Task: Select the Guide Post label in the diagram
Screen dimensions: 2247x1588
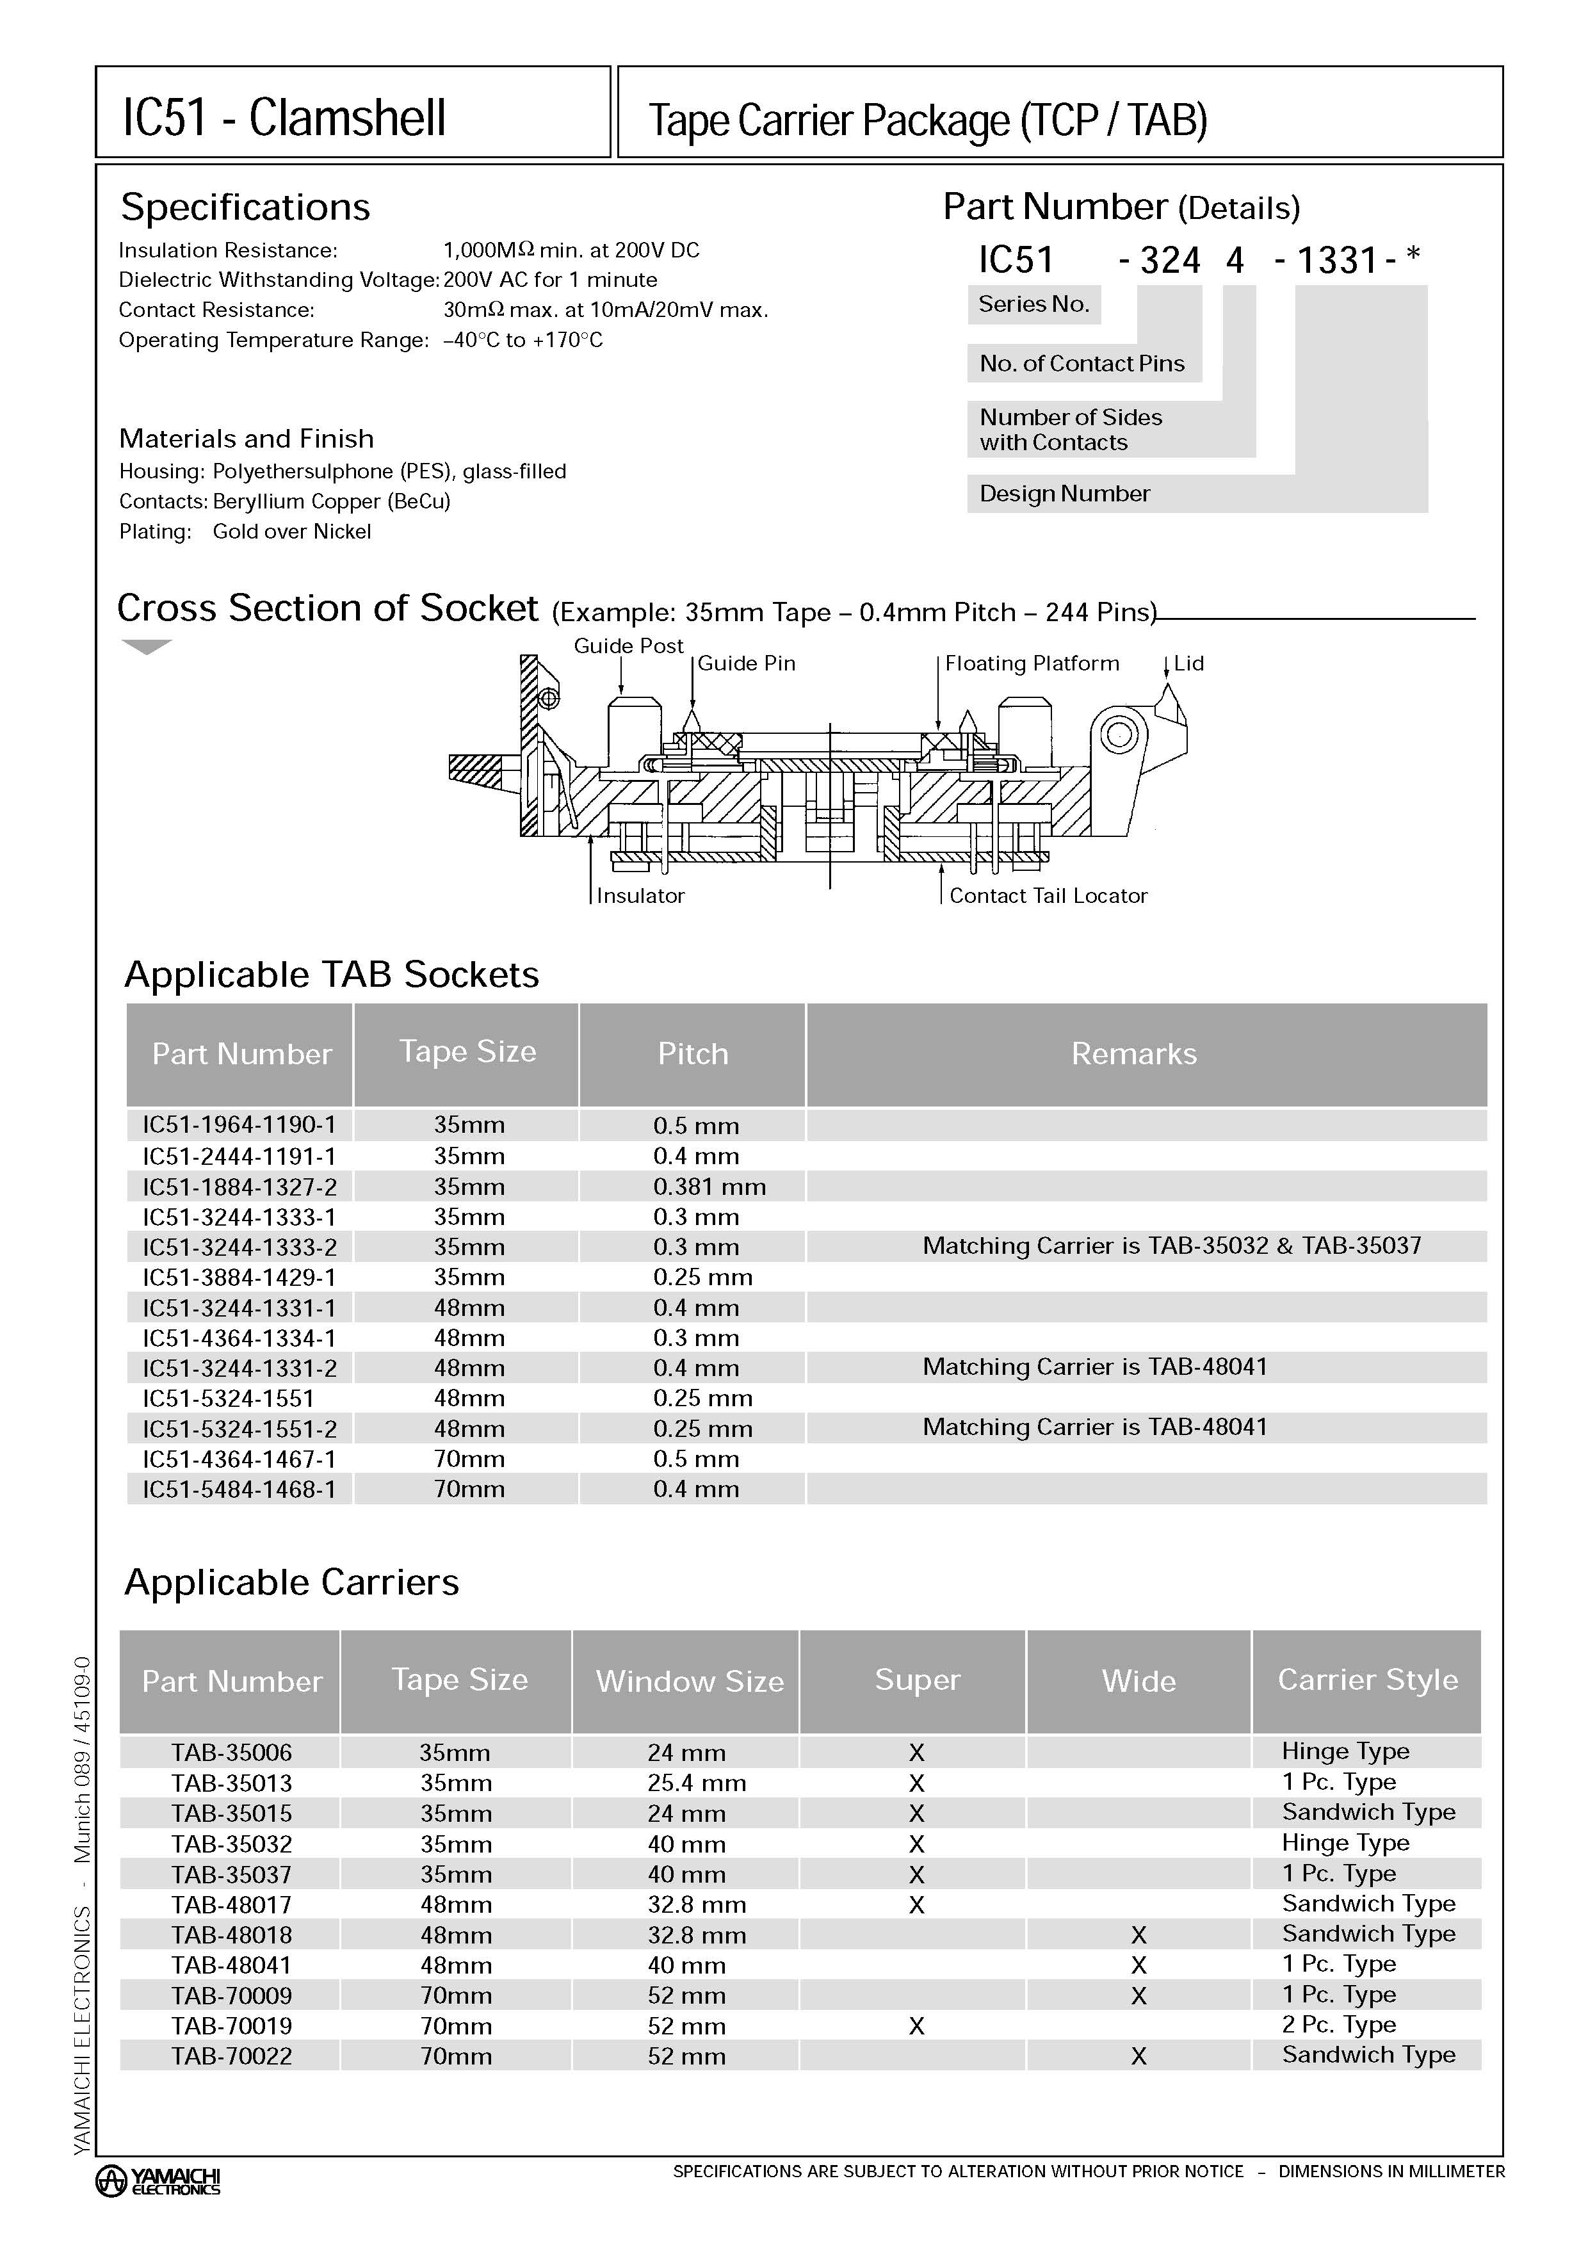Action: click(x=628, y=646)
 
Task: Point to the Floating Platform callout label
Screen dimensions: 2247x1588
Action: click(x=1032, y=663)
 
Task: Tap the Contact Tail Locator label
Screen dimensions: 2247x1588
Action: click(x=1048, y=895)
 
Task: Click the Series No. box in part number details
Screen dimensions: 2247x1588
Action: click(x=1033, y=304)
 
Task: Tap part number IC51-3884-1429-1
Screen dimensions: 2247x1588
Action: click(x=239, y=1277)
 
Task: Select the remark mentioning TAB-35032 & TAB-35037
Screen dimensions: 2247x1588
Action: click(x=1171, y=1246)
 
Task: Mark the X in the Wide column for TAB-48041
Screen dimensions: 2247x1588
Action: click(x=1138, y=1965)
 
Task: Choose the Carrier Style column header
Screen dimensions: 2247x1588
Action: click(x=1367, y=1680)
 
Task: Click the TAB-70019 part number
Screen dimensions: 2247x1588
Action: click(x=231, y=2026)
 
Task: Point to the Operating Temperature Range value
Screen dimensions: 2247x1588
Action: click(x=523, y=341)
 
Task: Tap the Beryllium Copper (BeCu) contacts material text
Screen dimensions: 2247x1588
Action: click(x=330, y=501)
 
